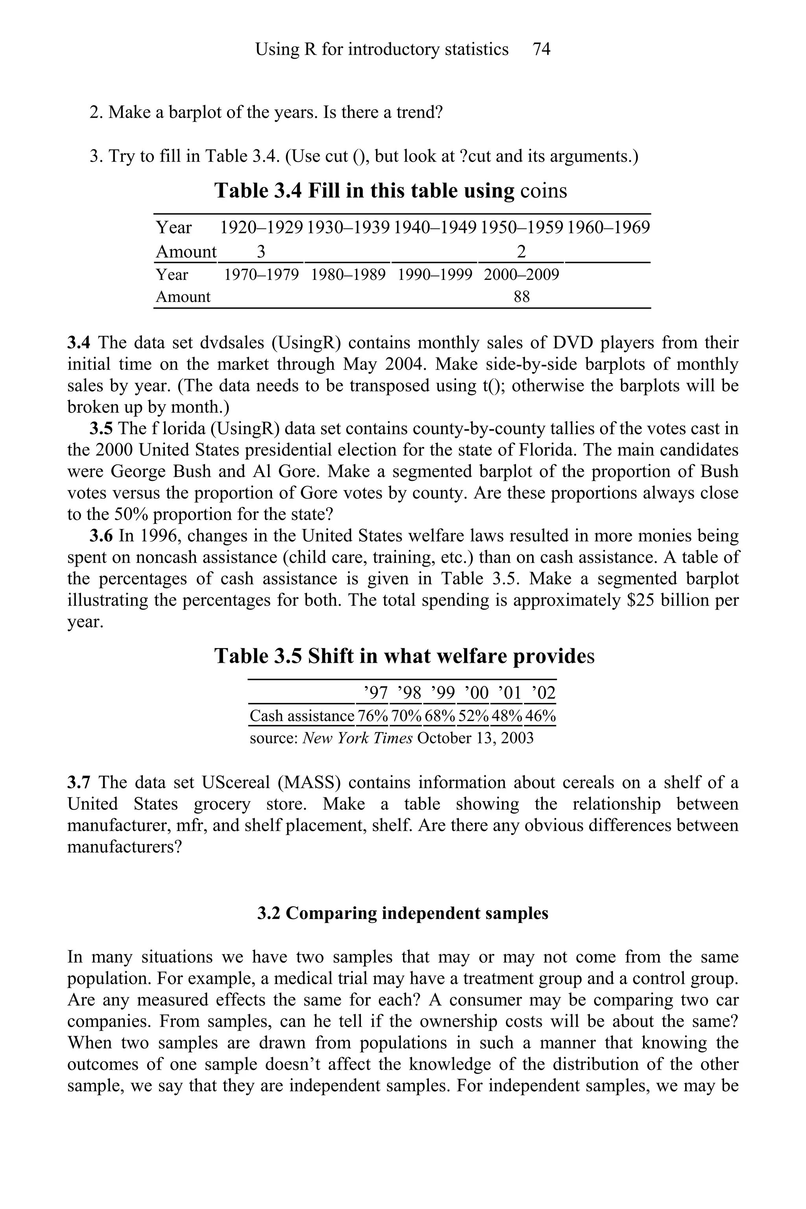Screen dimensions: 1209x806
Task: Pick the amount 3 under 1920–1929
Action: [261, 252]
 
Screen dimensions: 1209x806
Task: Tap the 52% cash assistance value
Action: [473, 715]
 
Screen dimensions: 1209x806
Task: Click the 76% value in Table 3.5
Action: [373, 715]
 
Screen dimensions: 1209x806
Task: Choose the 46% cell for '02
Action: [540, 715]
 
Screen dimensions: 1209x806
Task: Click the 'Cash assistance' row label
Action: [302, 715]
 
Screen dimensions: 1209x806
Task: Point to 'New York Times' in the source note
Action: [358, 738]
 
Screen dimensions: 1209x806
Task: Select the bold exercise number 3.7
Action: [79, 782]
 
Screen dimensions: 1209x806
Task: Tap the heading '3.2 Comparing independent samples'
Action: [403, 913]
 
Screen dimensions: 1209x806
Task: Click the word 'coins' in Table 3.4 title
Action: [543, 191]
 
